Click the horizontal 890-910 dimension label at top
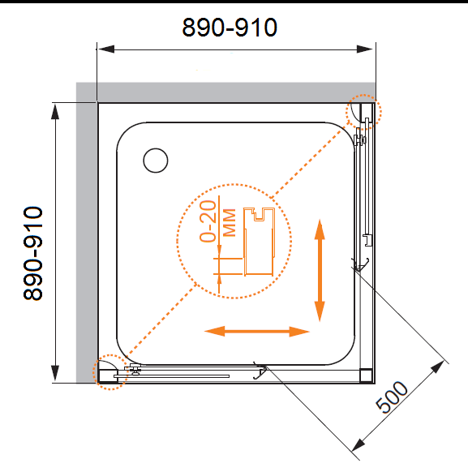click(x=230, y=28)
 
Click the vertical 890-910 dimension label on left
click(x=32, y=254)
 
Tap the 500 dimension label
click(x=392, y=397)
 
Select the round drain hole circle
click(x=156, y=161)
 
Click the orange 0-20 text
click(x=208, y=221)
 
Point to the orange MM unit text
click(x=230, y=222)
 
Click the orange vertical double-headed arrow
click(x=320, y=270)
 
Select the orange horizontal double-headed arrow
click(x=257, y=332)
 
